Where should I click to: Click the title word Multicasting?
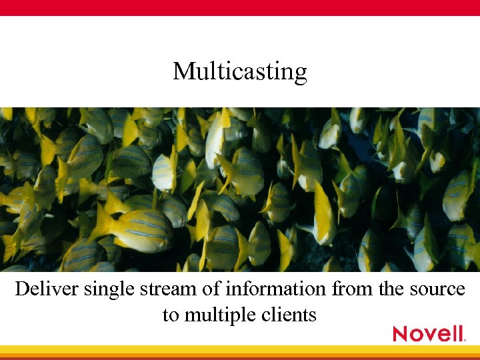tap(240, 71)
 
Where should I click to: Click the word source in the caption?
tap(433, 291)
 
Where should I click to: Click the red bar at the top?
tap(240, 7)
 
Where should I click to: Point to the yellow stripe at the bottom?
tap(240, 350)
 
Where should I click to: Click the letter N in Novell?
tap(401, 333)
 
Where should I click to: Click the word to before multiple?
tap(171, 314)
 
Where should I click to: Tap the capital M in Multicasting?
tap(182, 70)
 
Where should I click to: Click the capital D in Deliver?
tap(22, 289)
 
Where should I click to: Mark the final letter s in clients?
tap(313, 315)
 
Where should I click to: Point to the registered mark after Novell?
tap(464, 340)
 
